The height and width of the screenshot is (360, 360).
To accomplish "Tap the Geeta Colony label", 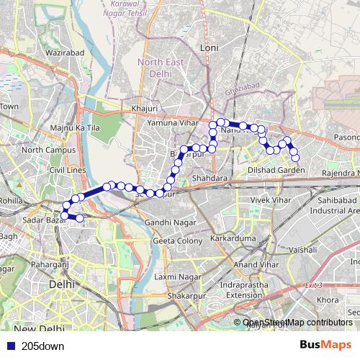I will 177,240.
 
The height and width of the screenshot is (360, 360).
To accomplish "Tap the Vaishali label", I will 302,248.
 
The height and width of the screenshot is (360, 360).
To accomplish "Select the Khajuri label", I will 144,109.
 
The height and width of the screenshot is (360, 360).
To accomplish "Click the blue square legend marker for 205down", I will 9,346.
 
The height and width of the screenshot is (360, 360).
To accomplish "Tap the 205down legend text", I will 42,346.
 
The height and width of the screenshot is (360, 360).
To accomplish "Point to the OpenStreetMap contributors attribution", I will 297,322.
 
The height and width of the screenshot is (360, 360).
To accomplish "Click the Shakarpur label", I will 181,295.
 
